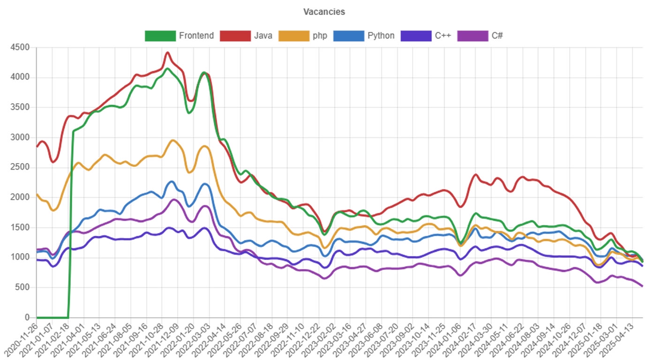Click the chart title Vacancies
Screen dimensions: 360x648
pos(324,12)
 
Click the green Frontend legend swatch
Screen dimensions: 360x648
pos(160,36)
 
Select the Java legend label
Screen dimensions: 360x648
pos(263,36)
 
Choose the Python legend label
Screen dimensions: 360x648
pos(381,36)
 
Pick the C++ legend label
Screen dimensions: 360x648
pos(443,36)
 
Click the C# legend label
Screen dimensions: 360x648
pos(497,36)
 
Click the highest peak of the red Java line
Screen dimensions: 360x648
pos(168,52)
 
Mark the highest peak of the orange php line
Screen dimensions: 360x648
pos(173,140)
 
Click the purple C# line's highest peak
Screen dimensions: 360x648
pos(173,199)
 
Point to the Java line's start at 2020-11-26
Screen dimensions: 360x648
pos(37,146)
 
